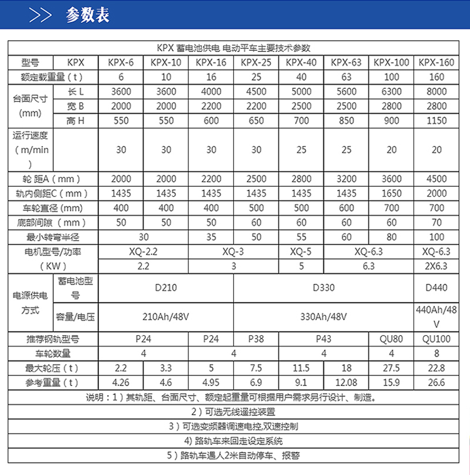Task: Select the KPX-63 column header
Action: pos(347,62)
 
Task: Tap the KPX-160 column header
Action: pos(436,62)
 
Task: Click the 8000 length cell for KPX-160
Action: pos(436,91)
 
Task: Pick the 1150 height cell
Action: pos(436,120)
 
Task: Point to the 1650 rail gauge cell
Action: pos(392,194)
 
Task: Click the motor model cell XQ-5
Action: pos(301,251)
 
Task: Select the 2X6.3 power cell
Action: pos(436,266)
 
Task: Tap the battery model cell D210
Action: pos(166,288)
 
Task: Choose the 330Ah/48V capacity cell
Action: pos(324,316)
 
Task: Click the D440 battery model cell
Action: pos(436,288)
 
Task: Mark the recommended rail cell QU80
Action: pos(392,339)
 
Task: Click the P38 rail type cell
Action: pos(256,339)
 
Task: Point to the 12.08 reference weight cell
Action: pos(347,382)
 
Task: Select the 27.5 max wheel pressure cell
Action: pos(392,368)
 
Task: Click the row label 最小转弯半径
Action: pos(53,237)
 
